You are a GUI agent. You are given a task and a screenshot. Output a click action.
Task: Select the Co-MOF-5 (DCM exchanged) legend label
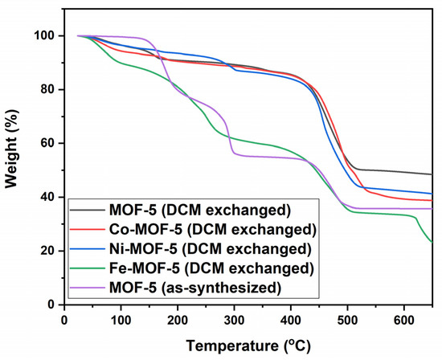(x=210, y=230)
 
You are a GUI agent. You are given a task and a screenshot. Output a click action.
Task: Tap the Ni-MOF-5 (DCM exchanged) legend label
(x=208, y=248)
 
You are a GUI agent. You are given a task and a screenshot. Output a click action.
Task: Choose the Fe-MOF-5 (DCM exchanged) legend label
(x=209, y=267)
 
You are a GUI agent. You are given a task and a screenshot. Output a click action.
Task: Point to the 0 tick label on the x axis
(x=64, y=319)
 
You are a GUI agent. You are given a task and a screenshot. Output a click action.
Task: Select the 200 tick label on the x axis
(x=178, y=319)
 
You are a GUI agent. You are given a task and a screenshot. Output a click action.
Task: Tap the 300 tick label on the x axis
(x=234, y=319)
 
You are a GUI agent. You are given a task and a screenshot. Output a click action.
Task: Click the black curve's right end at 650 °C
(x=432, y=174)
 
